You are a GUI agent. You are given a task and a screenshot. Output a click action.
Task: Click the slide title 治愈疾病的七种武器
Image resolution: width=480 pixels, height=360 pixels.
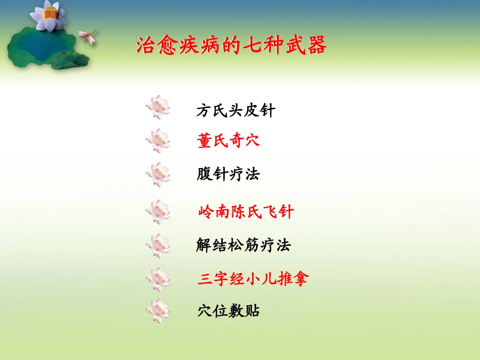[x=231, y=46]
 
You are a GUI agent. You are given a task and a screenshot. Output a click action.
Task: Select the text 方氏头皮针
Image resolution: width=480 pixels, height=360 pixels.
[x=235, y=111]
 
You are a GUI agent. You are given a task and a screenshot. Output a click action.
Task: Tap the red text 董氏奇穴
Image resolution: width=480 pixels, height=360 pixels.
[x=228, y=141]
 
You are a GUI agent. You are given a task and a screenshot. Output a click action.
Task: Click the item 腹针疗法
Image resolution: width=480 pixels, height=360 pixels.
[x=228, y=175]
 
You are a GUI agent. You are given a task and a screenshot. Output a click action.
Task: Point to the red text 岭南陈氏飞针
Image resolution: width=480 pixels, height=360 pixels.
[x=246, y=212]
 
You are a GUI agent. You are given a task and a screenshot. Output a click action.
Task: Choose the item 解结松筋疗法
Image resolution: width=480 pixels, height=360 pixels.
[x=244, y=246]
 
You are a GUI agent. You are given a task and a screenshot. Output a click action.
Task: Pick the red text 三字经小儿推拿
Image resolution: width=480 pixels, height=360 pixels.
[x=253, y=279]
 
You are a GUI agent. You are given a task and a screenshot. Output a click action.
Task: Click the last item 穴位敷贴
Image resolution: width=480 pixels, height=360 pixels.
[x=229, y=311]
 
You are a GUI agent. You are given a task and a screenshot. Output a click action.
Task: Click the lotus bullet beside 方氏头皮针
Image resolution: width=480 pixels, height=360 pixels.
[x=158, y=107]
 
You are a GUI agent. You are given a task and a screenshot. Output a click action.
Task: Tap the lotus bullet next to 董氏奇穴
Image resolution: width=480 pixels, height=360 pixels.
[x=158, y=141]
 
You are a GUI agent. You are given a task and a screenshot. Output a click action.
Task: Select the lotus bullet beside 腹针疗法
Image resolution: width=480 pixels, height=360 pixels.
[x=158, y=175]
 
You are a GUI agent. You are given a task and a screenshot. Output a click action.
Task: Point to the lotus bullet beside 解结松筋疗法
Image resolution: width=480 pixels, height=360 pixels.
[x=158, y=246]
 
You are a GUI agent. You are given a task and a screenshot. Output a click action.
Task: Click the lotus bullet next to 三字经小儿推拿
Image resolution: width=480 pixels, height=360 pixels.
[x=158, y=279]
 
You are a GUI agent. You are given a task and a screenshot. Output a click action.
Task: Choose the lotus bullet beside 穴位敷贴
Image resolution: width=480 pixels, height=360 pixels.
[x=158, y=311]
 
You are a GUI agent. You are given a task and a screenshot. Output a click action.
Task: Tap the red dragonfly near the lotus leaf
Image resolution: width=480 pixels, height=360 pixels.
[x=88, y=36]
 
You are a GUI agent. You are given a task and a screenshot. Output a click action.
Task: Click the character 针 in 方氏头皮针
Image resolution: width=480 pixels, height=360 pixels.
[x=267, y=111]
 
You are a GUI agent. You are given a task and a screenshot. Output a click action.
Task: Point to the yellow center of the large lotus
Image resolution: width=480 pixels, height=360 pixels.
[x=49, y=13]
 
